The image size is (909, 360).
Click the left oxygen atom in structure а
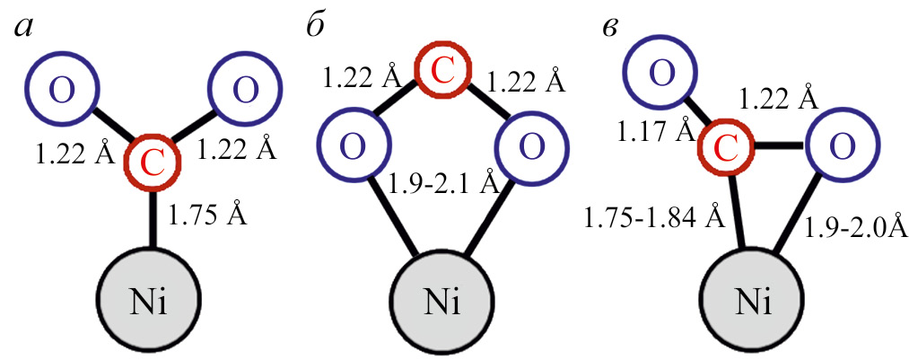(x=60, y=90)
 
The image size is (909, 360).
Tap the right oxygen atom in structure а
(x=246, y=90)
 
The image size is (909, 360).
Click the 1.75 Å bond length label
(x=208, y=215)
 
